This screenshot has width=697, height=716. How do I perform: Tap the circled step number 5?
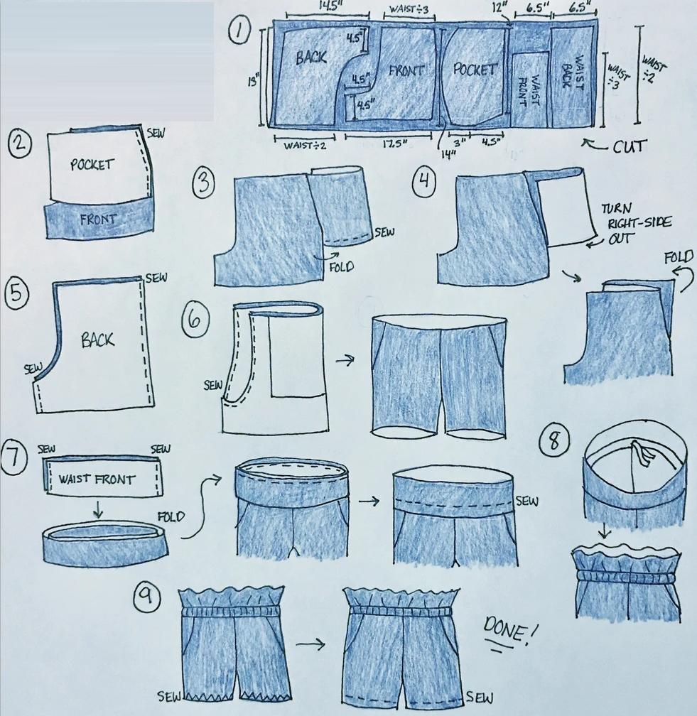(16, 293)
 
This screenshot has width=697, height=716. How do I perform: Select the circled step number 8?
(554, 440)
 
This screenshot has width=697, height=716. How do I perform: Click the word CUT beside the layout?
(630, 146)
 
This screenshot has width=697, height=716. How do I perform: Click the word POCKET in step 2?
(92, 164)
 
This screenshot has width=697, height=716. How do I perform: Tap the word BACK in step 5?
(97, 340)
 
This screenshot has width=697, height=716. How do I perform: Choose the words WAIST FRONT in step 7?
(97, 479)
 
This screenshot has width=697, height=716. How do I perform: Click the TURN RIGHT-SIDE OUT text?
(635, 223)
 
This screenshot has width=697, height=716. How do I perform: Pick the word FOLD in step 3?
(341, 266)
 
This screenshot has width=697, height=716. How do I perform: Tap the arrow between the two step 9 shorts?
(310, 644)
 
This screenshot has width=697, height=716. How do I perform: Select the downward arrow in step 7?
(97, 509)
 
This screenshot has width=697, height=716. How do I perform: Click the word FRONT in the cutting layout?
(406, 71)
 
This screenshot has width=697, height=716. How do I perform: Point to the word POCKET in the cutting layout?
(475, 70)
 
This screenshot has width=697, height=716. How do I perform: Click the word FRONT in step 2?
(98, 220)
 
